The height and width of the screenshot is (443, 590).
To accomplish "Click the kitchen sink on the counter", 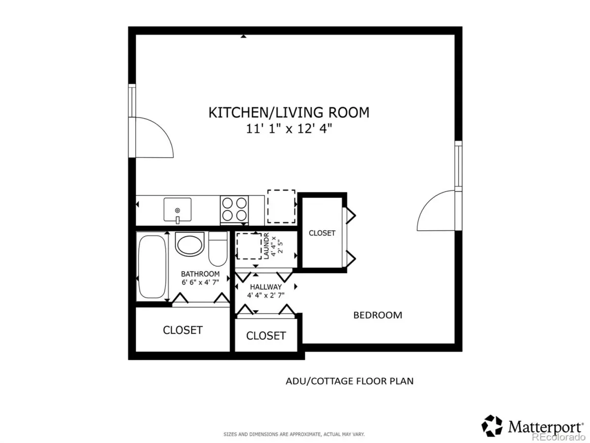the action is click(x=177, y=210).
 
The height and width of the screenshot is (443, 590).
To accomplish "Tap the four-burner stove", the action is click(x=234, y=210).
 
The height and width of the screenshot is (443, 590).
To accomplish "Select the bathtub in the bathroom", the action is click(x=152, y=266).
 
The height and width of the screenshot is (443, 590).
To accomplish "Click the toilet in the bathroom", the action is click(x=218, y=249).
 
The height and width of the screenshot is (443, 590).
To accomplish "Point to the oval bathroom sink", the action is click(x=190, y=244).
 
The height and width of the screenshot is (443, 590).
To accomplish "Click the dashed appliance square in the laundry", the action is click(x=249, y=246).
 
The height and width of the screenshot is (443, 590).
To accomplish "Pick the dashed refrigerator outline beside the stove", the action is click(x=281, y=206).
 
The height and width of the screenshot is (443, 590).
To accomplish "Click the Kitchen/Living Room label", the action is click(x=289, y=112).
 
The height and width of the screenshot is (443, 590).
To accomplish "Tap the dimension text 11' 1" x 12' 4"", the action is click(x=289, y=128).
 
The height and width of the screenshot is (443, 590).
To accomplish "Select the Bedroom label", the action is click(x=378, y=315).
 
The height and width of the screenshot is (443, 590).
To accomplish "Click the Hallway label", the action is click(x=266, y=287).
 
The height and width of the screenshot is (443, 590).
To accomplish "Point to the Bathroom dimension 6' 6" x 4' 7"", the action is click(x=200, y=282).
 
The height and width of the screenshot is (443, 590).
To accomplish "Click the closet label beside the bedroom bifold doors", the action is click(x=322, y=233).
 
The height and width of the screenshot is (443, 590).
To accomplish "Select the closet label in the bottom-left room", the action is click(x=183, y=330).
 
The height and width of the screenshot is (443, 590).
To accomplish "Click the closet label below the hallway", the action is click(x=266, y=336).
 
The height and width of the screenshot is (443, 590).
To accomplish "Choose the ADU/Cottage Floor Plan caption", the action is click(x=350, y=381).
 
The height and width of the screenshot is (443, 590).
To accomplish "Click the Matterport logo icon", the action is click(x=492, y=426).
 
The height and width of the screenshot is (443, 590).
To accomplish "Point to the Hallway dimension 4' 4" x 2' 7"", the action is click(x=266, y=295).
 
